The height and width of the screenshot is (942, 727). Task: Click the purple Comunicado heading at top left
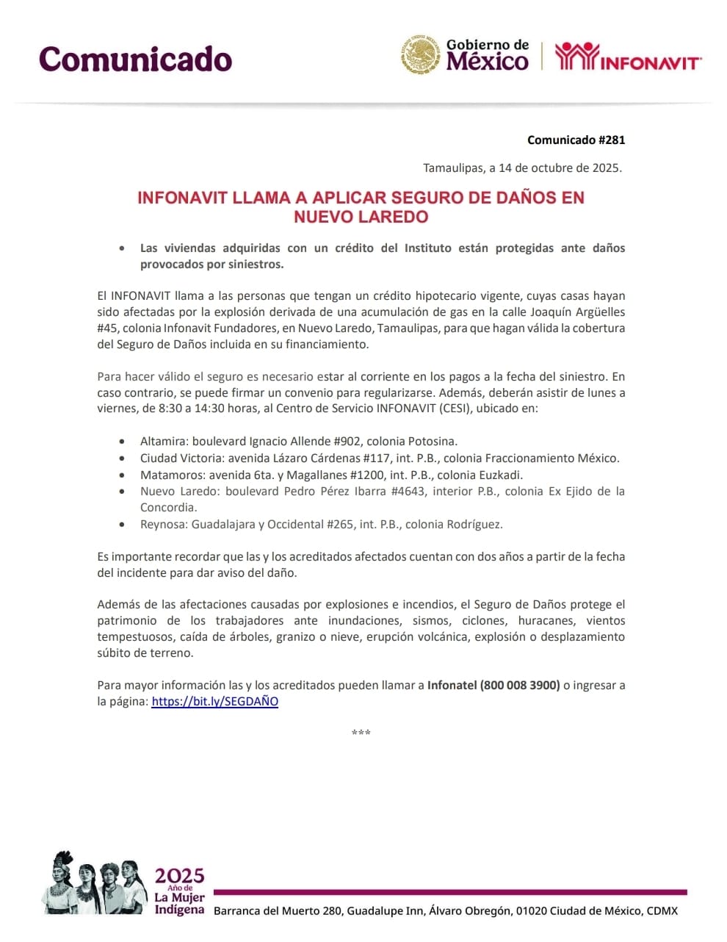[135, 59]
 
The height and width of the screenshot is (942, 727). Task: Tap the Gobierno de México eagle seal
[421, 55]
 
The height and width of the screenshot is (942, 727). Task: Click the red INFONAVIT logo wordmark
[629, 57]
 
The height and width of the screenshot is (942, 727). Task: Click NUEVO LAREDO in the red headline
[361, 217]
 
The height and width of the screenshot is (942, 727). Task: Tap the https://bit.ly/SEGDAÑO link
[214, 701]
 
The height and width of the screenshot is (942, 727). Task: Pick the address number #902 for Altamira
[347, 441]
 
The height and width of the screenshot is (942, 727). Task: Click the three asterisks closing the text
[361, 733]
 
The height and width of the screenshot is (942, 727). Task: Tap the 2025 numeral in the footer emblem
[179, 875]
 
